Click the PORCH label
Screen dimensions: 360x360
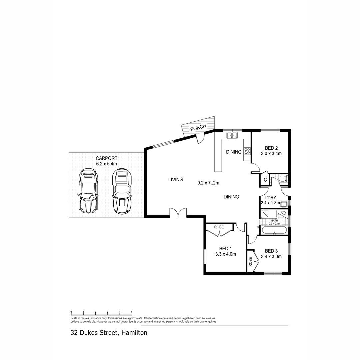(198, 128)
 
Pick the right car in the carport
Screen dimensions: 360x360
(122, 191)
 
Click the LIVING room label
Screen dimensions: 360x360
(175, 180)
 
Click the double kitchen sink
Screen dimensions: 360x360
(231, 135)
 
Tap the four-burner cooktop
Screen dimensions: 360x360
(247, 151)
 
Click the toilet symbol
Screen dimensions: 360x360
(283, 179)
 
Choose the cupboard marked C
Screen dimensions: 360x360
(265, 180)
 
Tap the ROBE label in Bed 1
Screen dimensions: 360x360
(219, 227)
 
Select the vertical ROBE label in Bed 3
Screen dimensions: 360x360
(250, 262)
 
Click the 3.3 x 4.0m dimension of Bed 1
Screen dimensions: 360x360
(226, 254)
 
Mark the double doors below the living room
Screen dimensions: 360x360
(178, 213)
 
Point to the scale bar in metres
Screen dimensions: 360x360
(102, 312)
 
